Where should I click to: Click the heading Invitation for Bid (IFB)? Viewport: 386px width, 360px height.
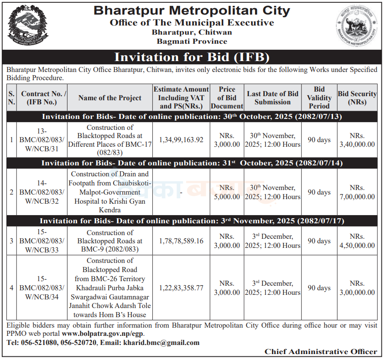point(192,57)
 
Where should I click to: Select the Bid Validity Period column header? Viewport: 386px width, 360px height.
point(319,98)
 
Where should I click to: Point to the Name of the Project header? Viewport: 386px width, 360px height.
point(110,98)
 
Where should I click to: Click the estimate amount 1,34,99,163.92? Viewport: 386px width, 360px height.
point(181,139)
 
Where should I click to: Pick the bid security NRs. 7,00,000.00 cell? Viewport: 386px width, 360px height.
point(357,192)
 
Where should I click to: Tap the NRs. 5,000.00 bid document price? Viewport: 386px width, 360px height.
point(227,192)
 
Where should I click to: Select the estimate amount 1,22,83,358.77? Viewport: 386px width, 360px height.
point(181,288)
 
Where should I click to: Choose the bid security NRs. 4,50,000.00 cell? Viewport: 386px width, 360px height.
point(357,241)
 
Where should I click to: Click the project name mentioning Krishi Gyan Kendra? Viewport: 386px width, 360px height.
point(110,192)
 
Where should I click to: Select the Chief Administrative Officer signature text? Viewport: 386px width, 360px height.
point(321,351)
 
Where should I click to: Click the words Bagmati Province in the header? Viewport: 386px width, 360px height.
point(192,41)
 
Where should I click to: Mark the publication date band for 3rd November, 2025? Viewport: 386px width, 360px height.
point(192,221)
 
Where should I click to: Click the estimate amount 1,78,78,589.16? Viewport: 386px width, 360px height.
point(181,241)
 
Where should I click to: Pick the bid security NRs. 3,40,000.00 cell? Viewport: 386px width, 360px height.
point(357,139)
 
